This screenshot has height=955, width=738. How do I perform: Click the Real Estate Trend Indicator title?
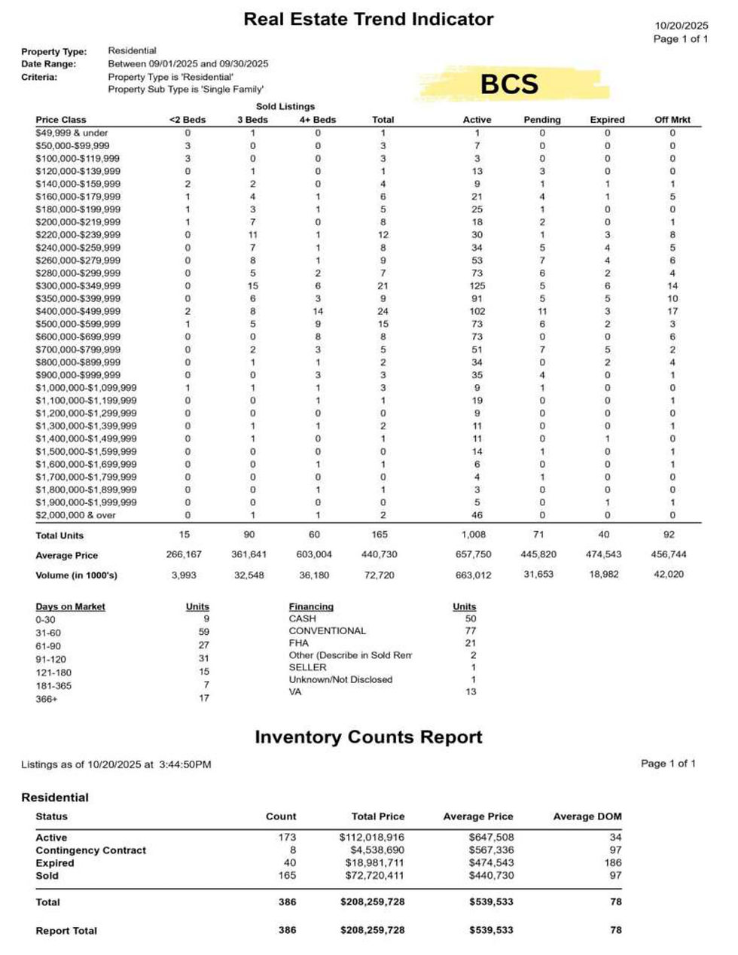[368, 20]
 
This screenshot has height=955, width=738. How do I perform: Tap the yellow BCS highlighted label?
[509, 84]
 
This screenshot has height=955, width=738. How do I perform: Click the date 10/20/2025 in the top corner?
[681, 26]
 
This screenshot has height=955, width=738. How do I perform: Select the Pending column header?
[541, 120]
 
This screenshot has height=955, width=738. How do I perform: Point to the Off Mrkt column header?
[672, 120]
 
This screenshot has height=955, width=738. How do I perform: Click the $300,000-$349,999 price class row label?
[78, 286]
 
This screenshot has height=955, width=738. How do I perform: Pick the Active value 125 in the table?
[477, 286]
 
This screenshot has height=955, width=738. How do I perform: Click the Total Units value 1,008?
[474, 535]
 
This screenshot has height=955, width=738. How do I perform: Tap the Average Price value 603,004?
[314, 554]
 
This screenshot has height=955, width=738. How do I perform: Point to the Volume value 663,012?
[474, 575]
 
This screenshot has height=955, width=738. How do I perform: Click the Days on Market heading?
[70, 607]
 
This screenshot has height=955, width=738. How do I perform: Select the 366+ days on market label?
[46, 699]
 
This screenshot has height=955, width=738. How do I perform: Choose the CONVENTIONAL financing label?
[327, 631]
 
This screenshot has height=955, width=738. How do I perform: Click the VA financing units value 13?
[471, 691]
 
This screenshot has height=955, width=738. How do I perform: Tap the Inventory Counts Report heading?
[368, 737]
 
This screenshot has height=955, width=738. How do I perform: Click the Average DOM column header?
[587, 816]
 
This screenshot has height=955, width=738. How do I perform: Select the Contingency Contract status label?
[90, 850]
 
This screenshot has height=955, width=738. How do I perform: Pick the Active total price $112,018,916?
[371, 838]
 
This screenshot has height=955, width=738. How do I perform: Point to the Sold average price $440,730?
[491, 876]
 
